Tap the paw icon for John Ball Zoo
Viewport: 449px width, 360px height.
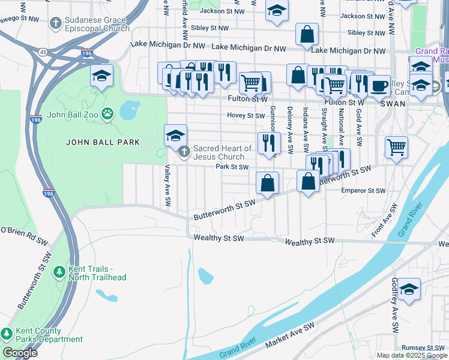pos(107,113)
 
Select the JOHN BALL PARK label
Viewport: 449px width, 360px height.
pos(103,142)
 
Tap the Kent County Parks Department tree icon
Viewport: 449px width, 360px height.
pos(7,334)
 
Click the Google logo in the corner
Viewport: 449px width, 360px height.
pos(20,352)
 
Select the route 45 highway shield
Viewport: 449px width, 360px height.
pos(43,52)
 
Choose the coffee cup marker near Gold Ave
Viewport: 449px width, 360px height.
pos(379,85)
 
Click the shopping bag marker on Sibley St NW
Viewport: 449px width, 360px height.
pos(307,34)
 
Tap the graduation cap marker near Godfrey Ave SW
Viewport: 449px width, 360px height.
pos(409,289)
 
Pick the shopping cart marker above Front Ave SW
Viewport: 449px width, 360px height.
pos(396,146)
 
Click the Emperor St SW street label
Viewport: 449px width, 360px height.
pos(363,191)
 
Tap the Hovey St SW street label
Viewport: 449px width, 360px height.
pos(246,115)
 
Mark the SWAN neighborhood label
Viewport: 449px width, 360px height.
pos(394,103)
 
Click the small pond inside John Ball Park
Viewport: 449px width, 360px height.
pos(129,110)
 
